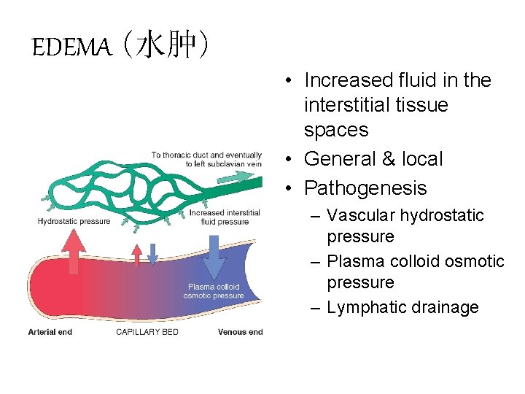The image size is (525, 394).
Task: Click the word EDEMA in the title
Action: (71, 48)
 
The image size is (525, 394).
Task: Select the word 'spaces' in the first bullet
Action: (336, 130)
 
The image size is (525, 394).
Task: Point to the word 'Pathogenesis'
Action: (365, 188)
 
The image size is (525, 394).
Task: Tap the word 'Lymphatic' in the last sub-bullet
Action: (367, 307)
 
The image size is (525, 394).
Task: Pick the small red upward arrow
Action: (136, 253)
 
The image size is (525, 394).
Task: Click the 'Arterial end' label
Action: (50, 333)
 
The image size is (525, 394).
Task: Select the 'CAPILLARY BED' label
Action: (147, 333)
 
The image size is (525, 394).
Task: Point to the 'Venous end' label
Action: (240, 333)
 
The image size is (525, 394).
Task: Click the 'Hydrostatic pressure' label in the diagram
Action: (74, 221)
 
